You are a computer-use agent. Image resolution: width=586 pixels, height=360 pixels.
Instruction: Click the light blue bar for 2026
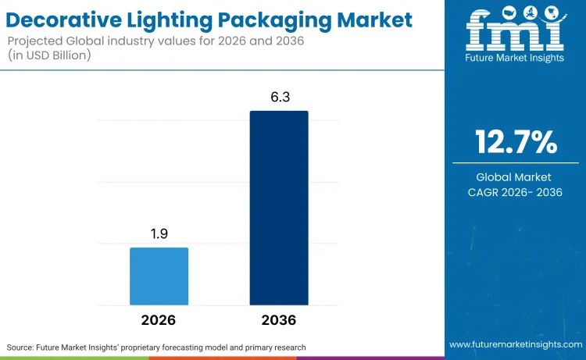pyautogui.click(x=159, y=276)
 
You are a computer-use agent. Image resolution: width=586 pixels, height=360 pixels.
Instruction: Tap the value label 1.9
pyautogui.click(x=159, y=234)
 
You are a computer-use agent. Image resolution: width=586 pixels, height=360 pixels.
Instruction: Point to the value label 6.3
pyautogui.click(x=279, y=98)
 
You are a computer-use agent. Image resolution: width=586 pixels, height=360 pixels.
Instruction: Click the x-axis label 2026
pyautogui.click(x=159, y=320)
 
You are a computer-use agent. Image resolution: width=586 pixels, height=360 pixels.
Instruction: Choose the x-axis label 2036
pyautogui.click(x=279, y=320)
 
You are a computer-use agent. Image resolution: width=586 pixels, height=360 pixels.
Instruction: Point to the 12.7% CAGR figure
pyautogui.click(x=516, y=143)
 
